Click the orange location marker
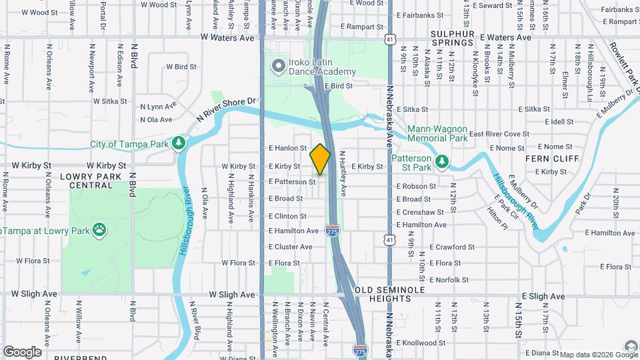(x=320, y=159)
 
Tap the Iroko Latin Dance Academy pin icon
(x=278, y=66)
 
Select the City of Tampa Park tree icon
(x=178, y=143)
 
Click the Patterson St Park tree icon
(x=441, y=161)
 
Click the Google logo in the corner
(x=22, y=351)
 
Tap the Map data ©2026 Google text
(x=590, y=355)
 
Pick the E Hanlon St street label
(x=287, y=149)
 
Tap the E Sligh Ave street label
(x=543, y=296)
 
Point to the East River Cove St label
(x=499, y=134)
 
